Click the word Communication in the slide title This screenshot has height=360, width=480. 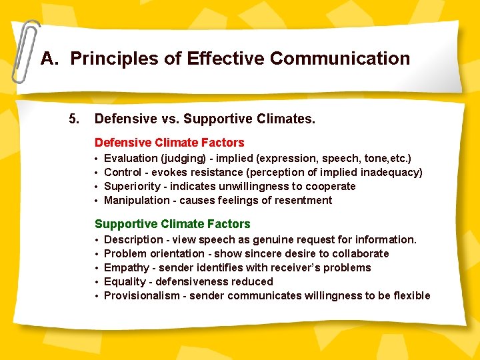pos(340,59)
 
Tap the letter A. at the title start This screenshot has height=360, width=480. pos(50,59)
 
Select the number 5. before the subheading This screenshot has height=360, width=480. pos(74,119)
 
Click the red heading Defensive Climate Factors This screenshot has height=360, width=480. pos(169,143)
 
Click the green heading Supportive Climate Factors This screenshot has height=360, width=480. pos(172,224)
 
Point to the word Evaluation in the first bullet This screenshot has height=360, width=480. pos(131,159)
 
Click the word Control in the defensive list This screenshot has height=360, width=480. pos(123,173)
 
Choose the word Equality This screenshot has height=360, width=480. pos(125,282)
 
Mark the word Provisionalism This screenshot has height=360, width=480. pos(142,296)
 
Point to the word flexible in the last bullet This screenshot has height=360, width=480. pos(411,296)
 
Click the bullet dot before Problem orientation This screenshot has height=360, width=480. pos(97,254)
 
